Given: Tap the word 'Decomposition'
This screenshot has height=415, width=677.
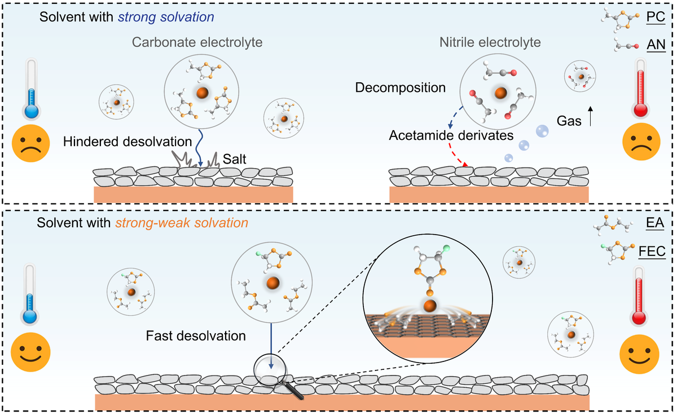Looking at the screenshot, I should (401, 89).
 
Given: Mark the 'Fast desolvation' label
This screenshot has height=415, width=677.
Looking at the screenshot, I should (196, 336).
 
